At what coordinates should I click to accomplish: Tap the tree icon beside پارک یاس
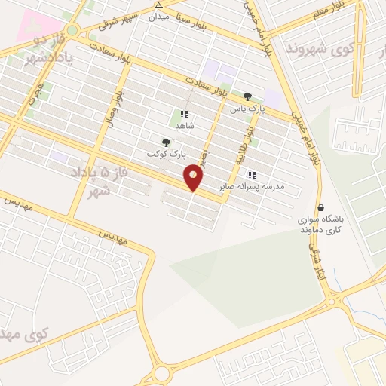coord(248,96)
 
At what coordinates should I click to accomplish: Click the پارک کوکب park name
coord(167,153)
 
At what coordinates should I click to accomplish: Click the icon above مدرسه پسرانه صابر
coord(251,175)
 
